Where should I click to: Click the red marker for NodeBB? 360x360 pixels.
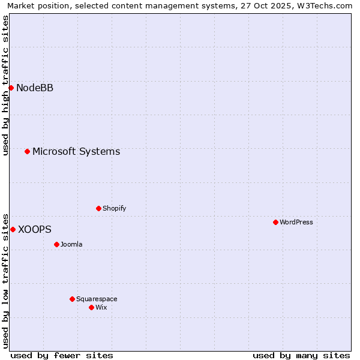11,88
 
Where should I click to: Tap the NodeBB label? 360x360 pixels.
35,88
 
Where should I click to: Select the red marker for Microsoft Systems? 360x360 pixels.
27,151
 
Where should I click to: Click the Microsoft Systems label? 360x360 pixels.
76,151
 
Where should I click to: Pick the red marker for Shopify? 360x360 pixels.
98,208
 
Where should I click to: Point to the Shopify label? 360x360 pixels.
114,208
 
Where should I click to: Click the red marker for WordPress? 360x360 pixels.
275,222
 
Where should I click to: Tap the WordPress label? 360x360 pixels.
296,222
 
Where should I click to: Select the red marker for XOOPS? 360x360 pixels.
13,229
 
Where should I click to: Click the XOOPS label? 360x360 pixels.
35,229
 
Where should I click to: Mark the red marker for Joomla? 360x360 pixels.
56,244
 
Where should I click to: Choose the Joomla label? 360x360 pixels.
71,244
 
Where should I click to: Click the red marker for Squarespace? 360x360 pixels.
72,299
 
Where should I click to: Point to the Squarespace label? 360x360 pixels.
97,299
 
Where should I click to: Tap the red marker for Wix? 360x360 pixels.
91,307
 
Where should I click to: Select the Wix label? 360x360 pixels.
101,307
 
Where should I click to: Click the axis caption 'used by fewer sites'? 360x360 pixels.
62,355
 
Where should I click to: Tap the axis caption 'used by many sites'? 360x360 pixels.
301,355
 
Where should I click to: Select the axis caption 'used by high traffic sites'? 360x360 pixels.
5,85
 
